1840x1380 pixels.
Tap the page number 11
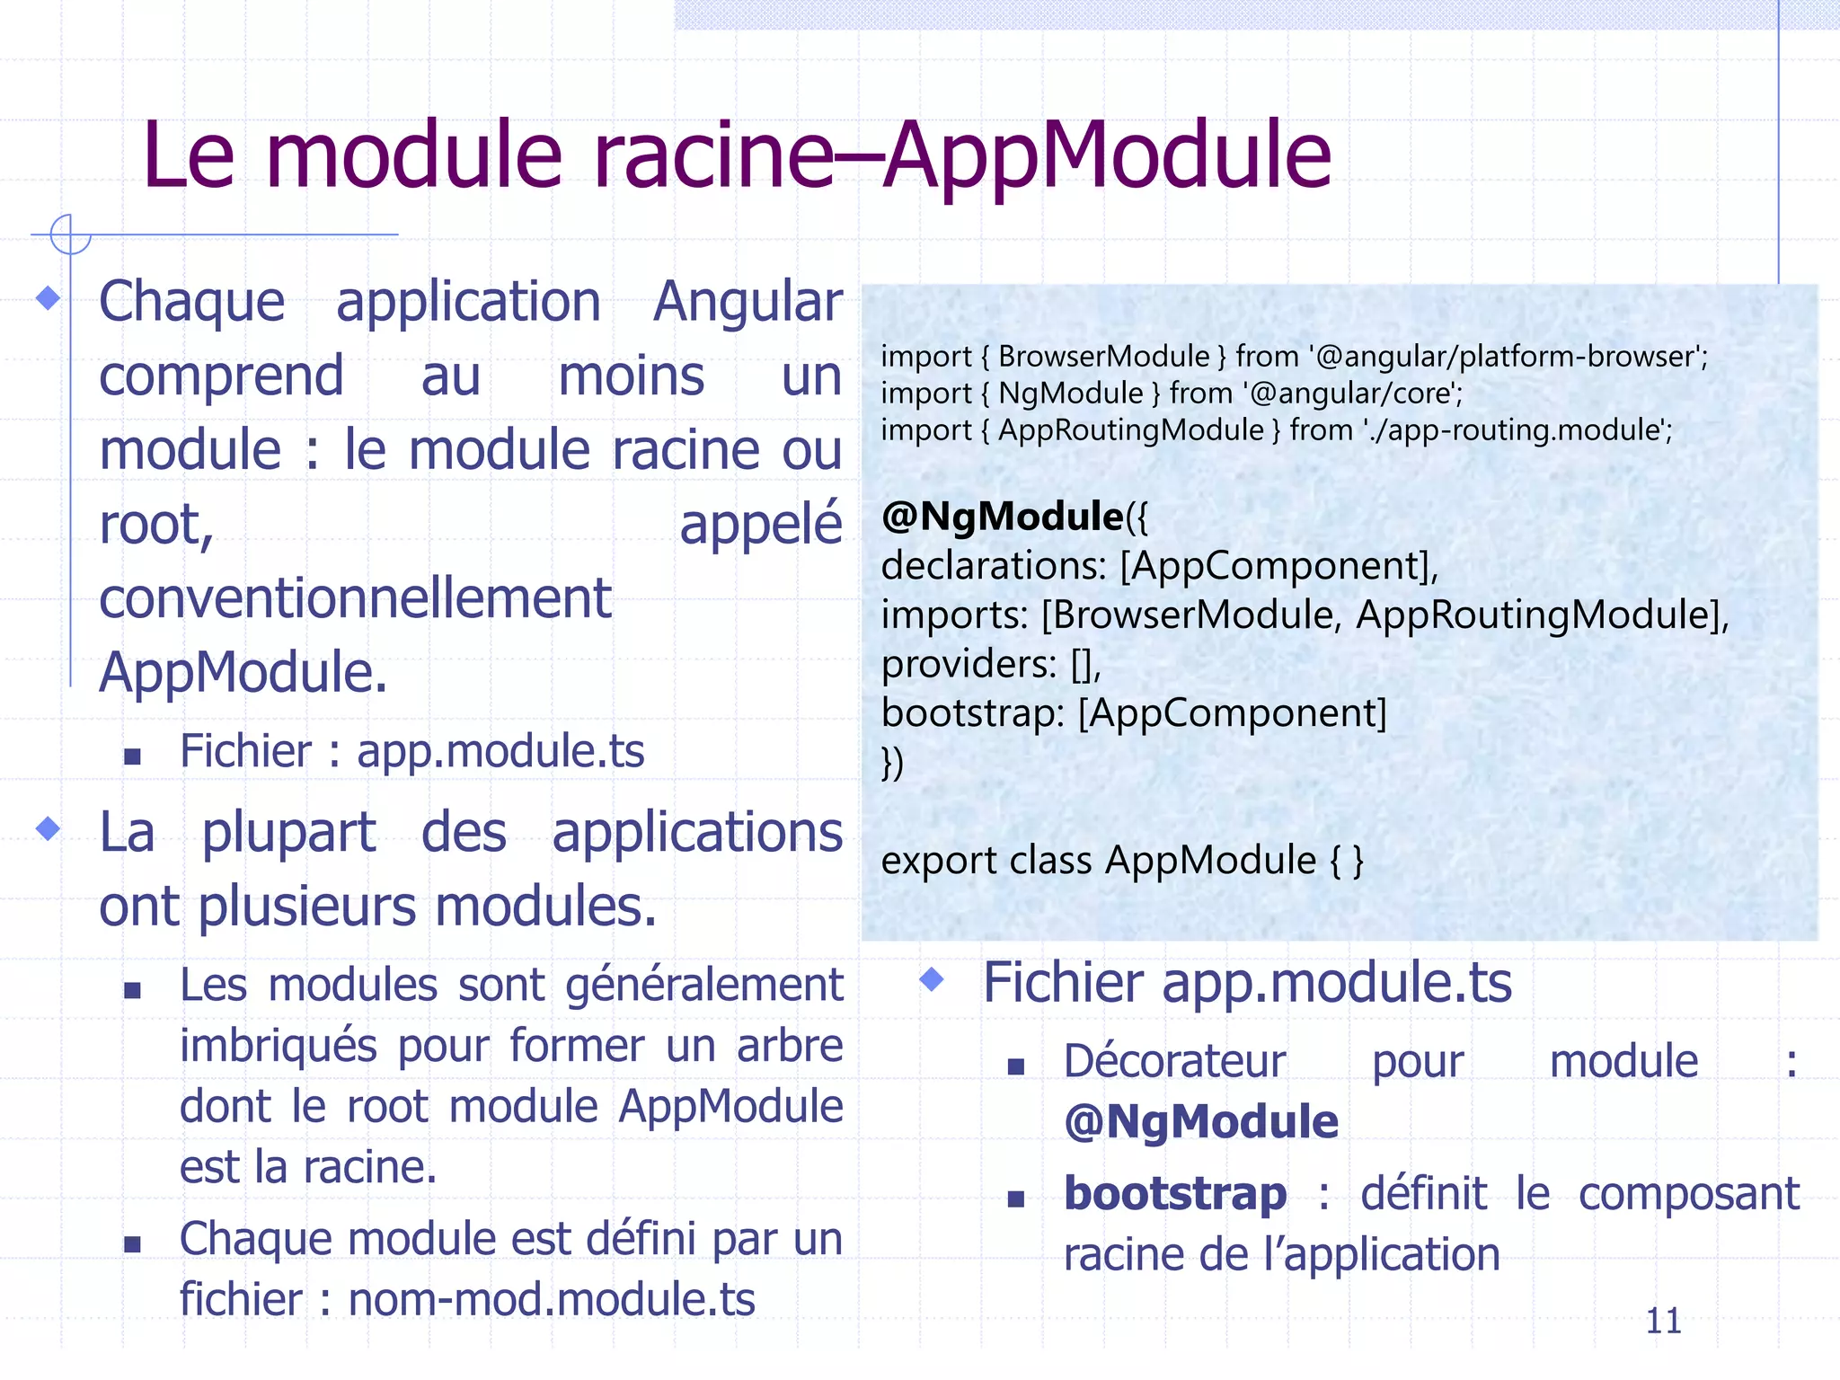pos(1663,1321)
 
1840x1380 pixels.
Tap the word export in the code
pos(938,861)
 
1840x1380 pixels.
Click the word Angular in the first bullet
pos(747,301)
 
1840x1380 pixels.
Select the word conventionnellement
pos(355,598)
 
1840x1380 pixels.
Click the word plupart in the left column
pos(288,833)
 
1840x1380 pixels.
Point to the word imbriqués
pos(279,1046)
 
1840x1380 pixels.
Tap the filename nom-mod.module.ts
pos(552,1300)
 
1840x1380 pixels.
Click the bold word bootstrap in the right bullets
pos(1175,1194)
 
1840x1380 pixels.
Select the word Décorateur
pos(1175,1062)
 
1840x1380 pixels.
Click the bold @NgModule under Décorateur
pos(1201,1122)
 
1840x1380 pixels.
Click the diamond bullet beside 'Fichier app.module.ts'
pos(933,979)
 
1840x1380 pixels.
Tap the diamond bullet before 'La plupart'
pos(49,828)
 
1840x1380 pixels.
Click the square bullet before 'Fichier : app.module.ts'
pos(133,756)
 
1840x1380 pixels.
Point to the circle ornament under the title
pos(70,234)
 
